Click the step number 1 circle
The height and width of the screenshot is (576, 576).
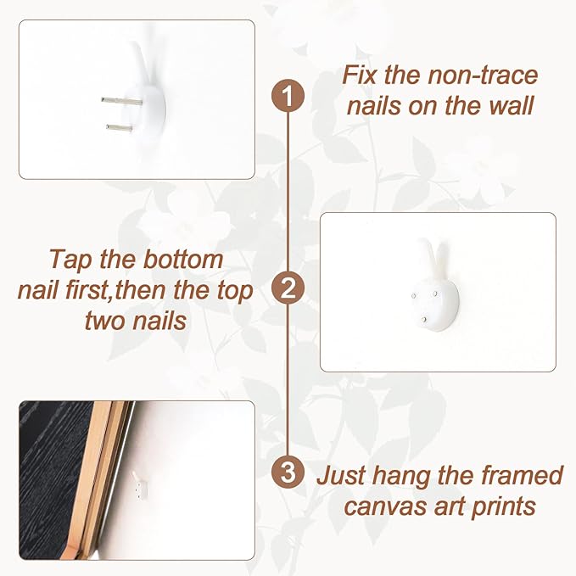(x=288, y=96)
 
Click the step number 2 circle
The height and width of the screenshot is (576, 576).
(x=288, y=288)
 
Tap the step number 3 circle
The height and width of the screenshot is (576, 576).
(x=288, y=472)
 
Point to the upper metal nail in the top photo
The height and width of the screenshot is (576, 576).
(x=122, y=101)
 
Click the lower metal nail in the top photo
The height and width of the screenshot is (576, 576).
(x=120, y=128)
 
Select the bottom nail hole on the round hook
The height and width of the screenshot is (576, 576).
(x=424, y=320)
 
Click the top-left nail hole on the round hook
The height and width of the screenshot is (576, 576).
(x=414, y=296)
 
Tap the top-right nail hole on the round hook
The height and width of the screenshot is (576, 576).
(x=436, y=294)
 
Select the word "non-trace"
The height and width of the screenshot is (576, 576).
(x=483, y=75)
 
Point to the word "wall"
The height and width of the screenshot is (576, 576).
(x=511, y=106)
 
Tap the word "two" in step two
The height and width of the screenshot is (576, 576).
(x=104, y=321)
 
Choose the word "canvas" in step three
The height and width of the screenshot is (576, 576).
(x=385, y=507)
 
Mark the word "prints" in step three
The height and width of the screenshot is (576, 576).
(x=503, y=507)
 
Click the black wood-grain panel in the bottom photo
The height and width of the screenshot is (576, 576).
(x=52, y=478)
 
